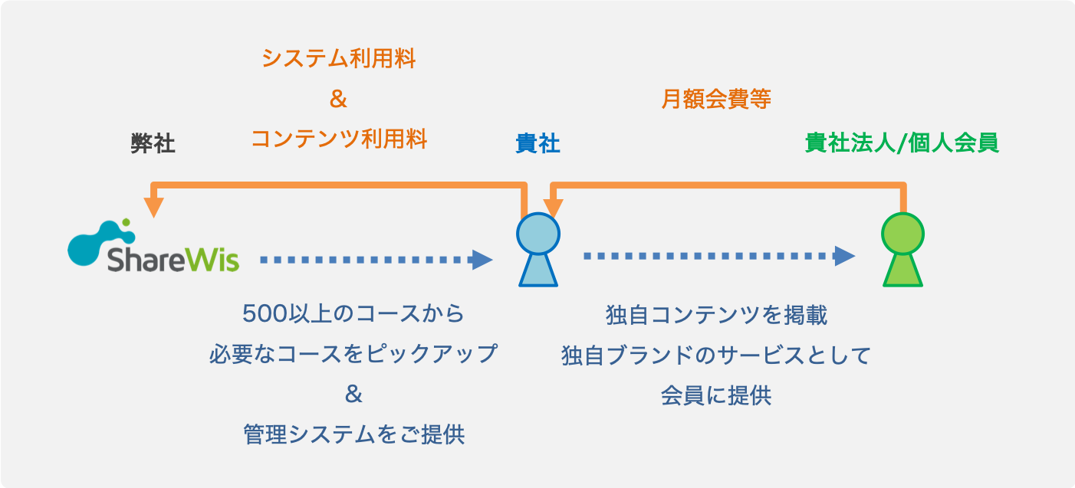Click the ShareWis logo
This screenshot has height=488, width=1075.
click(153, 247)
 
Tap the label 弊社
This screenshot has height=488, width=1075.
click(153, 144)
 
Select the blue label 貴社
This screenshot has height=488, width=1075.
click(537, 144)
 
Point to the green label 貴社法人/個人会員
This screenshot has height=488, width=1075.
click(902, 143)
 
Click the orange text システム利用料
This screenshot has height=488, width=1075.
click(338, 58)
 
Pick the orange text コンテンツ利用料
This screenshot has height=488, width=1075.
click(338, 139)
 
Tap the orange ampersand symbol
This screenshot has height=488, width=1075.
click(338, 100)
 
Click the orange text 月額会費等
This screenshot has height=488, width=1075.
click(715, 99)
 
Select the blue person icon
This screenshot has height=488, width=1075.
click(537, 250)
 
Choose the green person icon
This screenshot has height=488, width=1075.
click(902, 250)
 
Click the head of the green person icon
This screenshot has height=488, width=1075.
click(902, 232)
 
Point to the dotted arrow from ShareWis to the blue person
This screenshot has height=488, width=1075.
click(376, 260)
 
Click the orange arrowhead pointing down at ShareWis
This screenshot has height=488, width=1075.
click(155, 207)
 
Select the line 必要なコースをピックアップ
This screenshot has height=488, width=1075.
click(353, 355)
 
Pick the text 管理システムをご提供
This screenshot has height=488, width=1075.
click(353, 435)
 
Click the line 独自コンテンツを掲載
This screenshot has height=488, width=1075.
click(716, 315)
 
